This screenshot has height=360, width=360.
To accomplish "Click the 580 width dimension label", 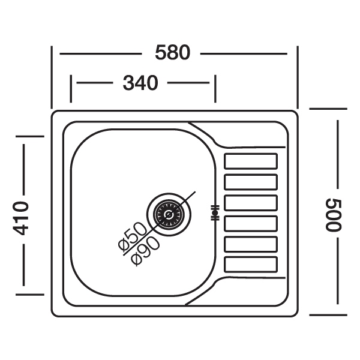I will (x=172, y=53).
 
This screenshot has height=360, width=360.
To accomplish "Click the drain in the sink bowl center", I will (x=169, y=214).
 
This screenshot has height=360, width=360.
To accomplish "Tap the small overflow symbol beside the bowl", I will (x=215, y=213).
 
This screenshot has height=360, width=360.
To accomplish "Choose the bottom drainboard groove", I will (x=251, y=265).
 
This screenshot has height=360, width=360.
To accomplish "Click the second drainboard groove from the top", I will (x=251, y=182).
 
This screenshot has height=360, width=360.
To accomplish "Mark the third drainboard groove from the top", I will (x=251, y=202).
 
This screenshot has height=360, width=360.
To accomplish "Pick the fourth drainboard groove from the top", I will (x=251, y=223).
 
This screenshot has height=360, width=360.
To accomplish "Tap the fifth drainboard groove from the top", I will (x=251, y=244).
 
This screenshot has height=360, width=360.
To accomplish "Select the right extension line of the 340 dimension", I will (x=215, y=89).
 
